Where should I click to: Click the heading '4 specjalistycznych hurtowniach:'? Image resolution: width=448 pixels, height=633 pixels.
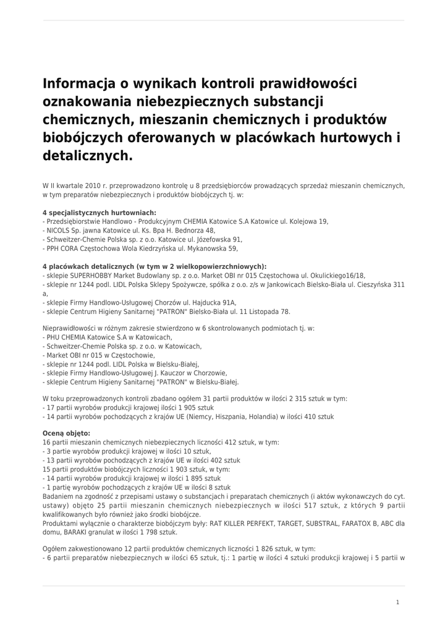coord(99,212)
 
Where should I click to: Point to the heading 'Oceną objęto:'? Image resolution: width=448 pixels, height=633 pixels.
coord(66,433)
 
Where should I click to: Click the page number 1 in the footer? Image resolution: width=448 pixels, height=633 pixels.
coord(397,602)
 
